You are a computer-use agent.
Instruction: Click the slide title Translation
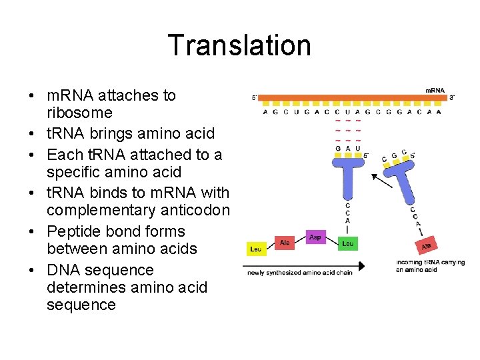pyautogui.click(x=239, y=45)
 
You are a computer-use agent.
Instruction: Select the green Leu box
pyautogui.click(x=348, y=244)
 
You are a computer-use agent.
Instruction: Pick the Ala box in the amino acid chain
pyautogui.click(x=285, y=243)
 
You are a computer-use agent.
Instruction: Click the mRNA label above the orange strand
pyautogui.click(x=435, y=90)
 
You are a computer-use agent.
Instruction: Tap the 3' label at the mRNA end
pyautogui.click(x=452, y=98)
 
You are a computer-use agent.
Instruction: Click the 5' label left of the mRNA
pyautogui.click(x=254, y=98)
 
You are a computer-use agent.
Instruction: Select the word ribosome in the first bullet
pyautogui.click(x=79, y=113)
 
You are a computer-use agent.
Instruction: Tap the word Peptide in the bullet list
pyautogui.click(x=72, y=231)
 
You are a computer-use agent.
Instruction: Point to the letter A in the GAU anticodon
pyautogui.click(x=349, y=148)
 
